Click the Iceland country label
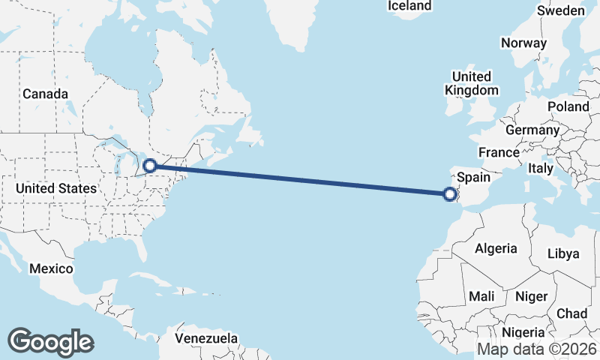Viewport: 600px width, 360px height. pyautogui.click(x=409, y=6)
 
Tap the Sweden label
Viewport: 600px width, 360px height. pyautogui.click(x=561, y=10)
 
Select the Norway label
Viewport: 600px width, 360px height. pyautogui.click(x=523, y=43)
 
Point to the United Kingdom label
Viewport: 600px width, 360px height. pyautogui.click(x=472, y=83)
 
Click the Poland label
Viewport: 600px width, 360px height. pyautogui.click(x=568, y=106)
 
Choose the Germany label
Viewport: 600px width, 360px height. pyautogui.click(x=532, y=130)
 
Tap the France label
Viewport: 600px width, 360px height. pyautogui.click(x=499, y=152)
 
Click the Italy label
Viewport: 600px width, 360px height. pyautogui.click(x=540, y=168)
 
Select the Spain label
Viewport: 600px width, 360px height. pyautogui.click(x=473, y=178)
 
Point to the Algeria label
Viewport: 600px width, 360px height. pyautogui.click(x=496, y=248)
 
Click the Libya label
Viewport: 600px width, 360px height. pyautogui.click(x=564, y=253)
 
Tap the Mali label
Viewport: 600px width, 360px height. pyautogui.click(x=481, y=297)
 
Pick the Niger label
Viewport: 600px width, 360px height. pyautogui.click(x=532, y=297)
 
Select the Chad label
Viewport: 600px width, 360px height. pyautogui.click(x=572, y=313)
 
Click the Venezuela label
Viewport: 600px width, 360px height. pyautogui.click(x=206, y=338)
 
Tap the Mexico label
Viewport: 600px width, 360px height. pyautogui.click(x=51, y=268)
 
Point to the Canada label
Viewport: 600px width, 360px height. pyautogui.click(x=45, y=94)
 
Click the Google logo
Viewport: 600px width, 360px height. pyautogui.click(x=50, y=341)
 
